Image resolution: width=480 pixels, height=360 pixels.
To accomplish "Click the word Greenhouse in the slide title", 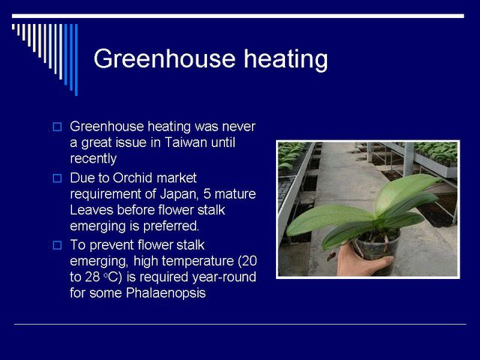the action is click(x=164, y=58).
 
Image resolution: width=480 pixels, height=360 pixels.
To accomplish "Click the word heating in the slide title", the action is click(x=286, y=59).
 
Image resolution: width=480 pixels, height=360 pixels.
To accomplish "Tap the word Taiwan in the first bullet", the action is click(x=186, y=142).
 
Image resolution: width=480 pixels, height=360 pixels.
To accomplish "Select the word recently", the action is click(x=93, y=158).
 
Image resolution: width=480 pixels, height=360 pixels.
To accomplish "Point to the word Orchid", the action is click(x=133, y=178).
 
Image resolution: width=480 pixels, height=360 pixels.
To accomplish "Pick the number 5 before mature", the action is click(x=207, y=194).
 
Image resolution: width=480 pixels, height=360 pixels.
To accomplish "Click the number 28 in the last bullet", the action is click(x=92, y=277).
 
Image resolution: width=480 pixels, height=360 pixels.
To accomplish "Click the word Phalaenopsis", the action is click(x=166, y=293).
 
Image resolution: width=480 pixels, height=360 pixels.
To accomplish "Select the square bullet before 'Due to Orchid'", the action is click(x=57, y=178).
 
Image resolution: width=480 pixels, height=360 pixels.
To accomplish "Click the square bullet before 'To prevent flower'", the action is click(x=57, y=245).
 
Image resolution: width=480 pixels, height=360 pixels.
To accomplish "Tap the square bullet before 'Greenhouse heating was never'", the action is click(x=57, y=127).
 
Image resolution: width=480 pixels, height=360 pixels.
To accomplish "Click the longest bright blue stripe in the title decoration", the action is click(x=76, y=60).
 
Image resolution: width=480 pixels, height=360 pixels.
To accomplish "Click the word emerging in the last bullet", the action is click(x=99, y=262).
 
